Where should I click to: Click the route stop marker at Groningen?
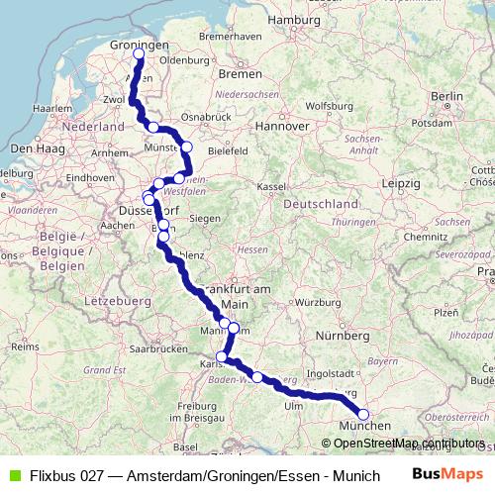tap(139, 54)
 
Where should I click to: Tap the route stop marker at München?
tap(363, 415)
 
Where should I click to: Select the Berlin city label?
tap(447, 95)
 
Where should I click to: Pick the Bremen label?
tap(240, 73)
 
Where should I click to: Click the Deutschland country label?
tap(320, 203)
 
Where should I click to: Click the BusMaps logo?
tap(446, 475)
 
